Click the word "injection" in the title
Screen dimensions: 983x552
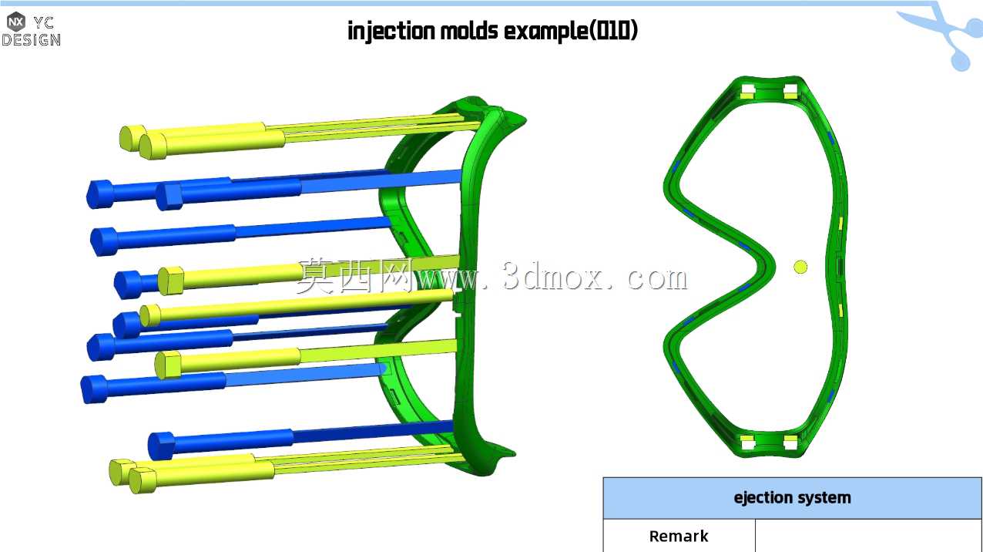pyautogui.click(x=391, y=31)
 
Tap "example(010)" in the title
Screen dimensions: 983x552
pyautogui.click(x=571, y=31)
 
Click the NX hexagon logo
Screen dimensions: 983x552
pyautogui.click(x=16, y=21)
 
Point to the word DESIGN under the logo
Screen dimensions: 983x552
pyautogui.click(x=31, y=40)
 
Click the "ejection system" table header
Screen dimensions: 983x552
pyautogui.click(x=792, y=498)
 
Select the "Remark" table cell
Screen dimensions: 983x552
pyautogui.click(x=679, y=536)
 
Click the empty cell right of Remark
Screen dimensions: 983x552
pyautogui.click(x=868, y=536)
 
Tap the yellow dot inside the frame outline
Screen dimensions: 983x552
pyautogui.click(x=800, y=267)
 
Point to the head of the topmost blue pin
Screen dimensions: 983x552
pyautogui.click(x=99, y=194)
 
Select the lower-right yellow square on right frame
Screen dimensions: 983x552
pyautogui.click(x=790, y=442)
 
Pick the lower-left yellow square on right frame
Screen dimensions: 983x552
pyautogui.click(x=748, y=442)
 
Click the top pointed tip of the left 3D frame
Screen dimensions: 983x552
pyautogui.click(x=525, y=119)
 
